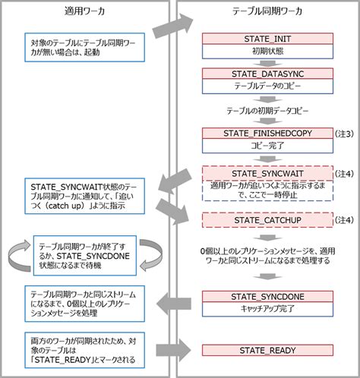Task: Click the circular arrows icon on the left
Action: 17,256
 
